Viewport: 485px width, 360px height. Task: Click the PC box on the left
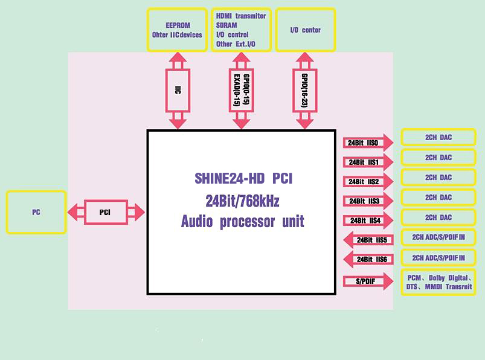click(x=36, y=213)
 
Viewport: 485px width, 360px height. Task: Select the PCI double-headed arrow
click(x=106, y=213)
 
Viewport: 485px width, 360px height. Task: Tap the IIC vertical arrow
click(x=178, y=91)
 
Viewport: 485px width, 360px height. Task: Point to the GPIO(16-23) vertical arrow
click(x=304, y=91)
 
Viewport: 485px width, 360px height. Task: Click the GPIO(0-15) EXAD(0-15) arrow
click(x=241, y=91)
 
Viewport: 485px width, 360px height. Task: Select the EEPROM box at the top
click(x=177, y=30)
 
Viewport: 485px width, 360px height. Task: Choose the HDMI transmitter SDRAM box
click(x=240, y=30)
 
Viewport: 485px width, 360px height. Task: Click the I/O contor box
click(x=306, y=30)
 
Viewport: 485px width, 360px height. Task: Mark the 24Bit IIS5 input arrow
click(x=368, y=240)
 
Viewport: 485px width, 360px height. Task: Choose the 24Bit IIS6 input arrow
click(x=368, y=259)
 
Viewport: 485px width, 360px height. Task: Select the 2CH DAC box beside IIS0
click(x=438, y=137)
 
